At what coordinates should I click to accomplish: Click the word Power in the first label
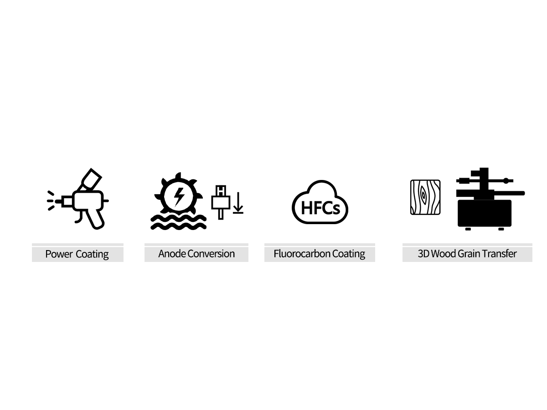pos(59,254)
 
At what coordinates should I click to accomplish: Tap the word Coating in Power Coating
pos(92,254)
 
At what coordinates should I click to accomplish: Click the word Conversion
pos(211,254)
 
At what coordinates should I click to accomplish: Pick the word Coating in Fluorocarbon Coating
pos(349,254)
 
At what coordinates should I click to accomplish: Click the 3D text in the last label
pos(423,254)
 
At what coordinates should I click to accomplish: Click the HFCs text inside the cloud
pos(320,208)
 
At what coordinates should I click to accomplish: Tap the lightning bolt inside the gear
pos(179,197)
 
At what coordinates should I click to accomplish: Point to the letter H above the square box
pos(221,191)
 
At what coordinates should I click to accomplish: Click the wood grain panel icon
pos(425,197)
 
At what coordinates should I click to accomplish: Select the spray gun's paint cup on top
pos(90,179)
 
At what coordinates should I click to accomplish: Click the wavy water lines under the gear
pos(178,222)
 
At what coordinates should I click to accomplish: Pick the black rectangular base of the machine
pos(485,214)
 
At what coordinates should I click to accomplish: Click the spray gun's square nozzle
pos(67,201)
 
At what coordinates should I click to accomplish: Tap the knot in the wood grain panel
pos(423,195)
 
